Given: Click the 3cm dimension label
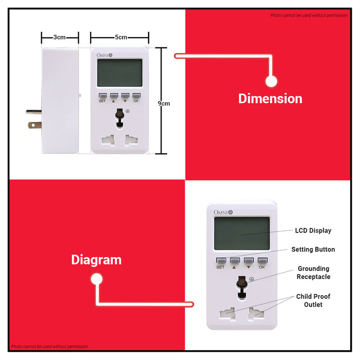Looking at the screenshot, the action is tap(60, 37).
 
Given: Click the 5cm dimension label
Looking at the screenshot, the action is tap(121, 37).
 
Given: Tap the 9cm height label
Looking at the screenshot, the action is tap(164, 103).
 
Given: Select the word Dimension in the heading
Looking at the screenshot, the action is tap(270, 99).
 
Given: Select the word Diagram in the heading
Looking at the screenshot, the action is tap(97, 260).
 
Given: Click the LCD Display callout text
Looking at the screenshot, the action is tap(313, 230).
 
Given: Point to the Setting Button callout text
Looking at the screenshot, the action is tap(313, 249).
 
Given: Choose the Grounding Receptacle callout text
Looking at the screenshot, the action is tap(313, 273).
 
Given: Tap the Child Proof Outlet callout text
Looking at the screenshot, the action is tap(313, 300).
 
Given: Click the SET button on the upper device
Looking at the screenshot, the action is tap(103, 96).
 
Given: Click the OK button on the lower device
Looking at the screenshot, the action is tap(262, 261).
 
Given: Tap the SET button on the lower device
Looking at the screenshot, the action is tap(221, 261).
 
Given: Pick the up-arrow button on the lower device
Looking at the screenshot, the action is tap(235, 261).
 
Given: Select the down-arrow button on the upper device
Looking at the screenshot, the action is tap(125, 96).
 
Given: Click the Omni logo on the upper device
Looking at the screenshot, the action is tap(104, 55).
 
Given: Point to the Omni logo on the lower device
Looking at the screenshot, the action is tap(223, 212).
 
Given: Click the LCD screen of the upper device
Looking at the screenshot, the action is tap(120, 73).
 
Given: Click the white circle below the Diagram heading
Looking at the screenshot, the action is tap(97, 279).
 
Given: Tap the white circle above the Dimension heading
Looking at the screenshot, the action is tap(271, 81).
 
